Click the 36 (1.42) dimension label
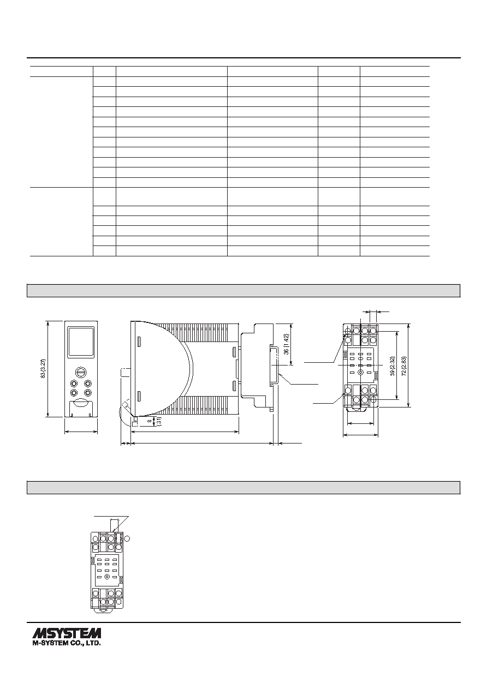pos(287,344)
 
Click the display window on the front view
pos(81,343)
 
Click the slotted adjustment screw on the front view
pos(81,372)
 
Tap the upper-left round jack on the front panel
pos(74,384)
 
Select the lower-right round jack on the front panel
pos(88,393)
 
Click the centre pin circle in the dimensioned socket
pos(361,373)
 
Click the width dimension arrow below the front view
pos(81,432)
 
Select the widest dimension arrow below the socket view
pos(360,435)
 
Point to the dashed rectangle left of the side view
pos(126,373)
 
